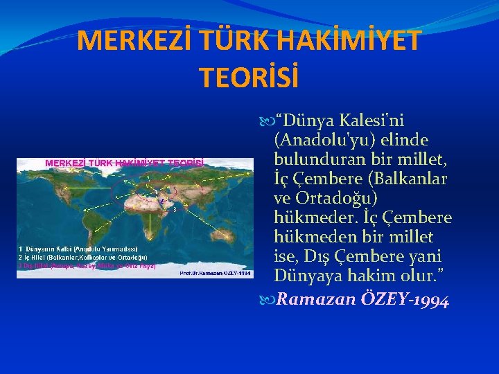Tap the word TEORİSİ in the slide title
[x=249, y=77]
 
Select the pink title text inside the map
[x=125, y=163]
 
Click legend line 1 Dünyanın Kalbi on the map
[x=78, y=249]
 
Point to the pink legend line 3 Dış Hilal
[x=87, y=265]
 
